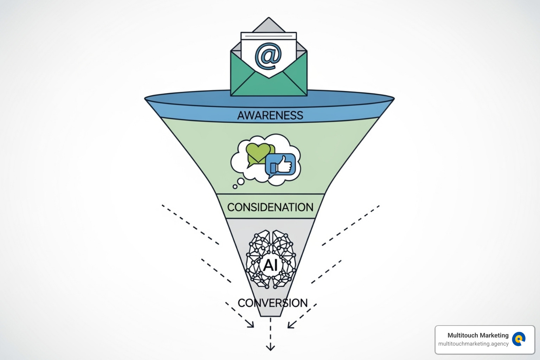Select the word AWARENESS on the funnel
pyautogui.click(x=270, y=115)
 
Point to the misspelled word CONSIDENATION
pyautogui.click(x=270, y=207)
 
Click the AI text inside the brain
pyautogui.click(x=270, y=265)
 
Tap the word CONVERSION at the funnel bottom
pyautogui.click(x=272, y=303)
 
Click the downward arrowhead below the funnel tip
pyautogui.click(x=270, y=348)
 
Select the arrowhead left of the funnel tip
pyautogui.click(x=251, y=324)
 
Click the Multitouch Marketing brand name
pyautogui.click(x=478, y=335)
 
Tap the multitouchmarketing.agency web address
pyautogui.click(x=473, y=344)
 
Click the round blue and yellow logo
pyautogui.click(x=519, y=339)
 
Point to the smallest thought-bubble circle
pyautogui.click(x=235, y=187)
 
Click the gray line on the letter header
pyautogui.click(x=269, y=36)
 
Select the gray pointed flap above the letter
pyautogui.click(x=269, y=25)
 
